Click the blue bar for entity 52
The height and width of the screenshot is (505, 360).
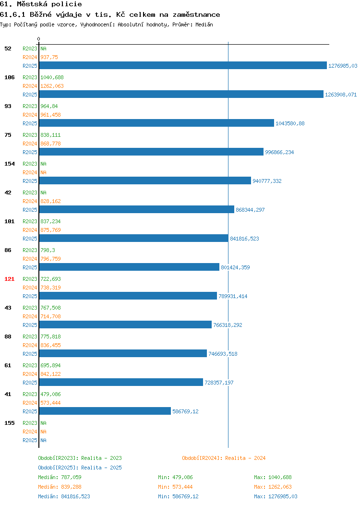[x=183, y=65]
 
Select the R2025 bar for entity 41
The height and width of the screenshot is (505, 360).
[x=105, y=411]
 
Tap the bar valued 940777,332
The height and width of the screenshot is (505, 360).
[x=145, y=180]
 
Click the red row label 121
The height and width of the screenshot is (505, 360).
[x=9, y=279]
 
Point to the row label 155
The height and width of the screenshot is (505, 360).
[x=9, y=423]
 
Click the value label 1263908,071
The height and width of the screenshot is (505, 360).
[x=341, y=95]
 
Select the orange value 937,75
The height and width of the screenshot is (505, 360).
[x=49, y=57]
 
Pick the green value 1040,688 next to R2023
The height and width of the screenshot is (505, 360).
[x=52, y=77]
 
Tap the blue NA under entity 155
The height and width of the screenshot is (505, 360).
[x=44, y=440]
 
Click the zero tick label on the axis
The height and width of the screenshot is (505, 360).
[x=39, y=39]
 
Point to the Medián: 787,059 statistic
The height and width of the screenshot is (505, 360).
[x=60, y=477]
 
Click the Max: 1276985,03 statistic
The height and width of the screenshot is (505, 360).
[x=276, y=497]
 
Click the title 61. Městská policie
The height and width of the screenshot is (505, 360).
[x=41, y=4]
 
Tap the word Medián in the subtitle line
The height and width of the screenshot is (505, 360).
[x=204, y=24]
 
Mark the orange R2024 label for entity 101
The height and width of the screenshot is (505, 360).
[x=30, y=230]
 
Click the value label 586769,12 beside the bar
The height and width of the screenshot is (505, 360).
[x=185, y=411]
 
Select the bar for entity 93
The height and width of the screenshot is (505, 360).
[x=156, y=123]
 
